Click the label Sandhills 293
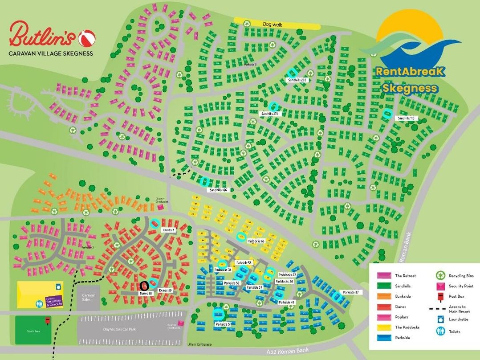click(x=298, y=80)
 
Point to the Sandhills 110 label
click(x=406, y=118)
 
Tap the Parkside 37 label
click(x=350, y=292)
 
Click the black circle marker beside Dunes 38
click(x=144, y=286)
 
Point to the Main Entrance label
click(x=199, y=344)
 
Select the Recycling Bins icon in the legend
click(x=439, y=276)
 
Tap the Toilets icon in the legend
click(x=439, y=332)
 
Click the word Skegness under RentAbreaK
click(x=410, y=88)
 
